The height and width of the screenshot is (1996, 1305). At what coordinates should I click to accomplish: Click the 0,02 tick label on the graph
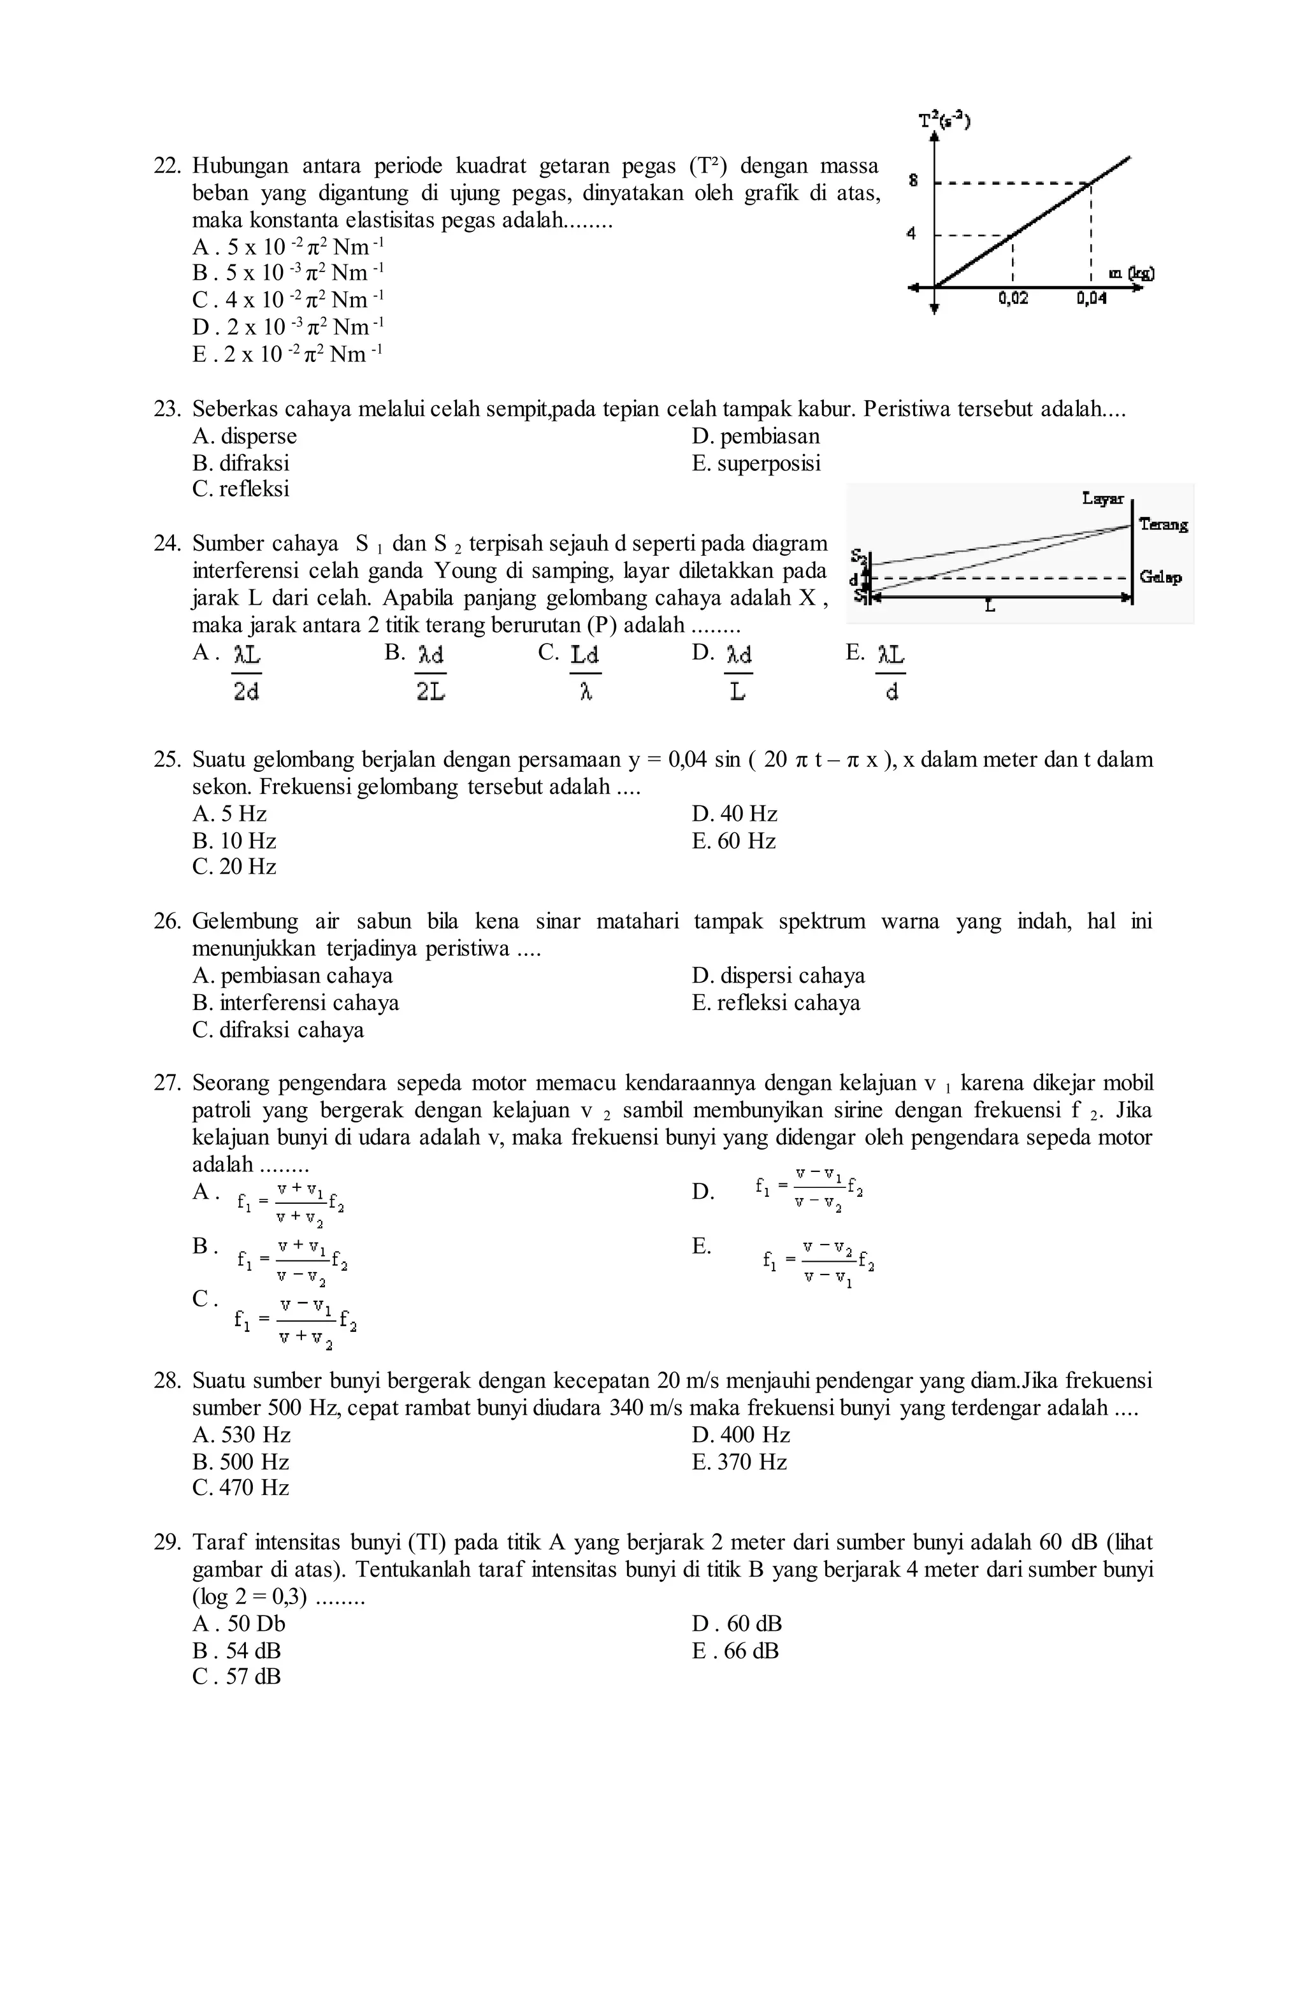tap(1013, 298)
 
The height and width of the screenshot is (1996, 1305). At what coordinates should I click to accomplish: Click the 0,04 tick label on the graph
tap(1091, 298)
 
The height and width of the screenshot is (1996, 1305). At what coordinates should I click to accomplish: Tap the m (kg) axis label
tap(1130, 273)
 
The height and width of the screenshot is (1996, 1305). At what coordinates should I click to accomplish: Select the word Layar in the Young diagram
tap(1102, 499)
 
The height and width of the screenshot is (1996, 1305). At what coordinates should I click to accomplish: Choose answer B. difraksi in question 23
tap(241, 463)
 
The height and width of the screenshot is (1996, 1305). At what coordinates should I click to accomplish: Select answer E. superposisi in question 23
tap(756, 463)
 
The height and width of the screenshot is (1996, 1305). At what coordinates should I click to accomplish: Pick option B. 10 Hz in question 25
tap(234, 841)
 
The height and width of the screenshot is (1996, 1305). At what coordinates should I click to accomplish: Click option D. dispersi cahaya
tap(777, 975)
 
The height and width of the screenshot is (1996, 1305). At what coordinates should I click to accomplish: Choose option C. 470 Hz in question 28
tap(241, 1488)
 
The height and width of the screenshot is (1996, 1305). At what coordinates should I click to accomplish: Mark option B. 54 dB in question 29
tap(236, 1651)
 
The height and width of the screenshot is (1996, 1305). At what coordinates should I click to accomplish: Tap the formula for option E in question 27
tap(818, 1261)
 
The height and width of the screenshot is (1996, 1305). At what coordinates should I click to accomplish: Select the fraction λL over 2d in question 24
tap(247, 672)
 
